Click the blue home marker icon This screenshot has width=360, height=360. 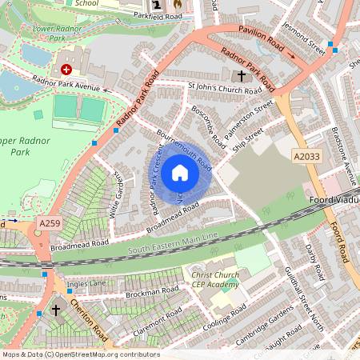180,172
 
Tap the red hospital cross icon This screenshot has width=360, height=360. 66,70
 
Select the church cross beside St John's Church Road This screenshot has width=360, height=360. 242,76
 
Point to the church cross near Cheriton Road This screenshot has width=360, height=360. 55,309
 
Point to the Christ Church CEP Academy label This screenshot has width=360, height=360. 214,279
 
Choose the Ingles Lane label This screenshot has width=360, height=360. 86,283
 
